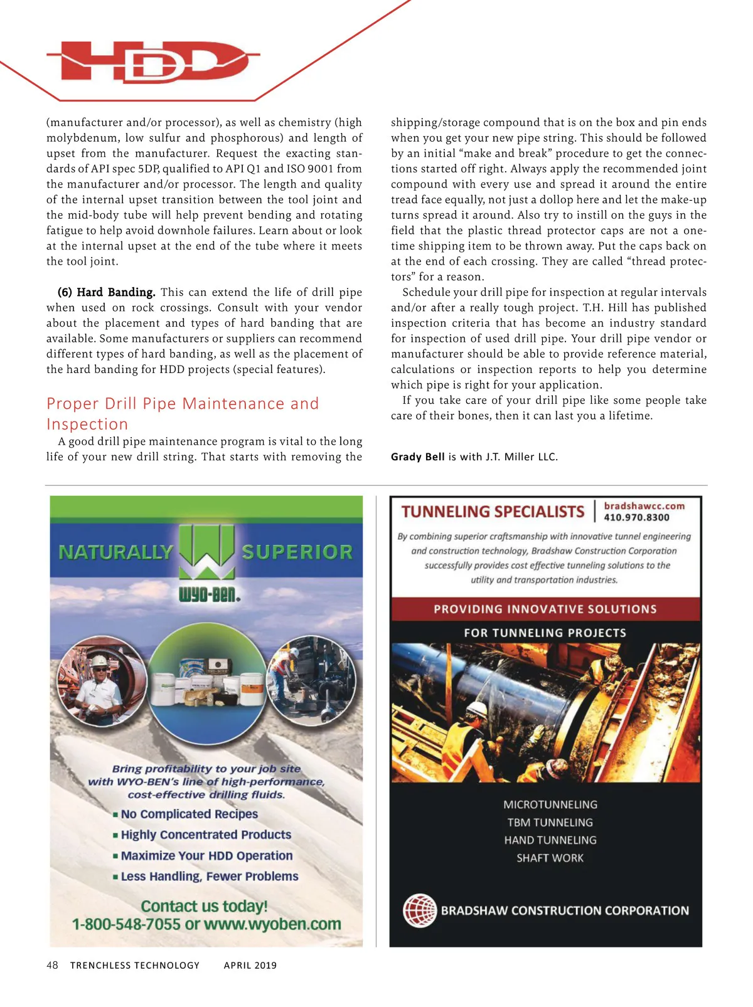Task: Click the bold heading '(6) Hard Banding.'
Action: point(106,292)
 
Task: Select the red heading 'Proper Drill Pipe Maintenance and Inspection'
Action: point(183,413)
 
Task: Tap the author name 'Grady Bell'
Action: point(417,456)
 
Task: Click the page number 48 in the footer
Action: point(52,965)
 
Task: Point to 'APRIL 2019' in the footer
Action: point(250,965)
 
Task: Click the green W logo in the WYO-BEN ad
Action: point(206,551)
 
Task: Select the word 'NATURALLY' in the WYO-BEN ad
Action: point(115,552)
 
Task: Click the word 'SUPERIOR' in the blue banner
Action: point(297,552)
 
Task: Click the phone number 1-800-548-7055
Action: point(126,924)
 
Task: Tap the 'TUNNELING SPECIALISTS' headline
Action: point(493,512)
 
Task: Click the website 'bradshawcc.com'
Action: point(644,505)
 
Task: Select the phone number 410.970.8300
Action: point(636,517)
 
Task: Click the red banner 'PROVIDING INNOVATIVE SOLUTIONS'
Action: point(545,609)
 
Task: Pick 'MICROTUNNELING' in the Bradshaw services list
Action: point(550,804)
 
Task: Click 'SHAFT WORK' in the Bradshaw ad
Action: point(550,858)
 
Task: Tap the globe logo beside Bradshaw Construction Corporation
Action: point(419,910)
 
